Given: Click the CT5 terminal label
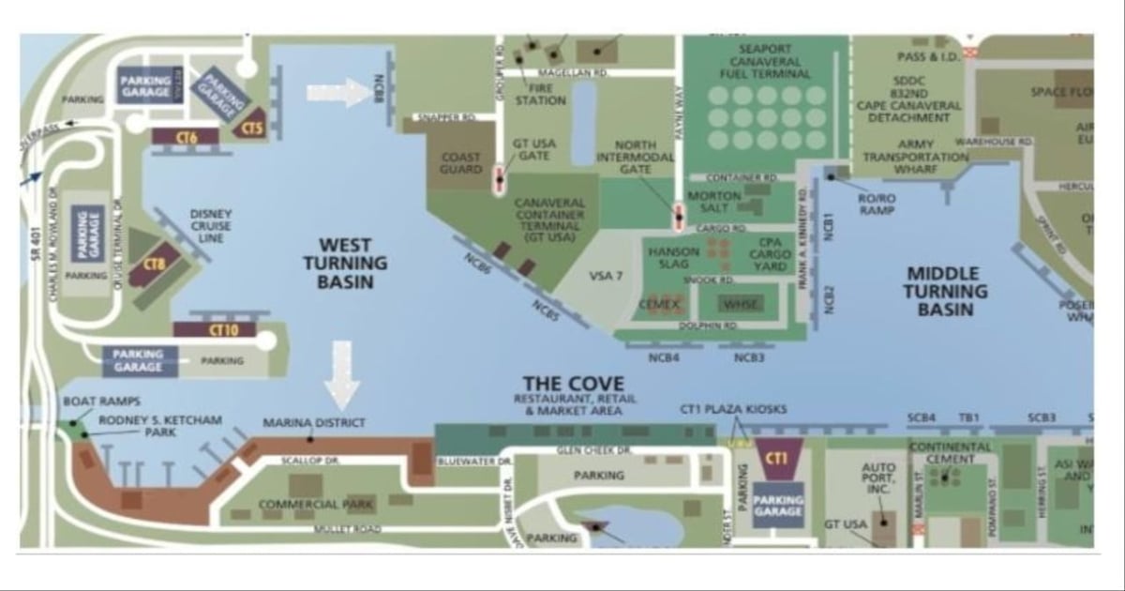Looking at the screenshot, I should [x=252, y=129].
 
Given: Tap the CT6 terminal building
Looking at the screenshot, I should [x=186, y=138].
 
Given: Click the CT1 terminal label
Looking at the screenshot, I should [x=776, y=458].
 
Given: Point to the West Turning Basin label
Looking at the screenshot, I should [x=338, y=262].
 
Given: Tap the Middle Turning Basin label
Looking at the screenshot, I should [x=946, y=291].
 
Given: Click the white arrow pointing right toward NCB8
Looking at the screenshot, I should [x=339, y=93].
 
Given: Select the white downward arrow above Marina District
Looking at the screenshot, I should [x=341, y=374].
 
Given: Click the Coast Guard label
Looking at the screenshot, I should [x=460, y=163].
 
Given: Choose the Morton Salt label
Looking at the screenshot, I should [x=715, y=202].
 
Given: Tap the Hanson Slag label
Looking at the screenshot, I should [x=674, y=259].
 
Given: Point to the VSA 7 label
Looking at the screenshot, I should [x=606, y=276].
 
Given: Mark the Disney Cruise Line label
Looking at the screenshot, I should [x=210, y=226].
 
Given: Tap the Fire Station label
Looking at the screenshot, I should [x=540, y=94].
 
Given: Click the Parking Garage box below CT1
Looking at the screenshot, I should [x=778, y=506].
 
